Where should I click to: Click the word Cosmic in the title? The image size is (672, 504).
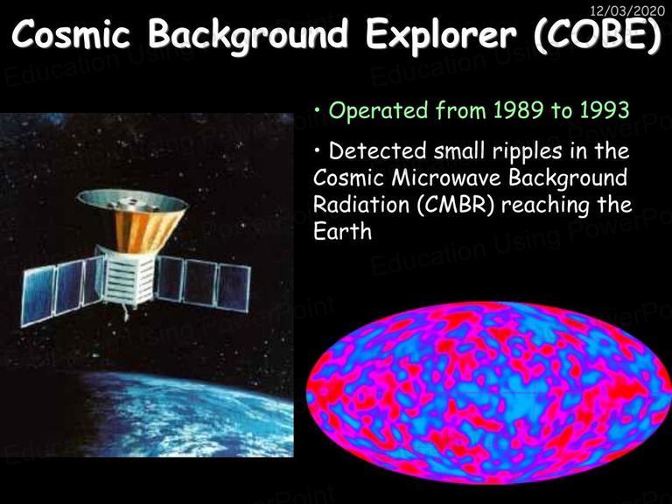coord(71,33)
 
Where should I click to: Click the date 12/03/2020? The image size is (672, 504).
coord(627,10)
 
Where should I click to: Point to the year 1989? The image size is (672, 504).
coord(519,110)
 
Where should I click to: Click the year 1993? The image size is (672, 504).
coord(605,110)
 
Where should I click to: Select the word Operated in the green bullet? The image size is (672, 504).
coord(378,111)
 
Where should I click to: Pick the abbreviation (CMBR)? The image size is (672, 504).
coord(456,205)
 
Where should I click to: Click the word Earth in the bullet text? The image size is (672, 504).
coord(342,231)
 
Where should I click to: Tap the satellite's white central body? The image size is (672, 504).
coord(129,277)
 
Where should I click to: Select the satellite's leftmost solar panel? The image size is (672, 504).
coord(38,295)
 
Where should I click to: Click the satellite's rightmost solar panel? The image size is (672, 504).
coord(234,288)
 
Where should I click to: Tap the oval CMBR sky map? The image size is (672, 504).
coord(488,393)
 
